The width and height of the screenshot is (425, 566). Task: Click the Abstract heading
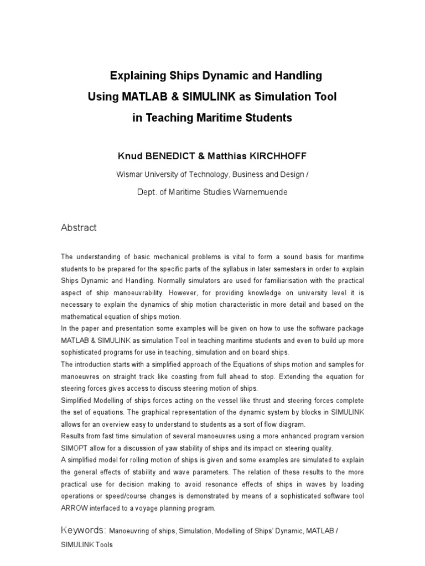(79, 228)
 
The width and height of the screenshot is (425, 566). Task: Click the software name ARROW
(75, 508)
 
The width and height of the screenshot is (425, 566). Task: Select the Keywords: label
(84, 531)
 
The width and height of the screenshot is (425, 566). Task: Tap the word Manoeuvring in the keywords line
(130, 531)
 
